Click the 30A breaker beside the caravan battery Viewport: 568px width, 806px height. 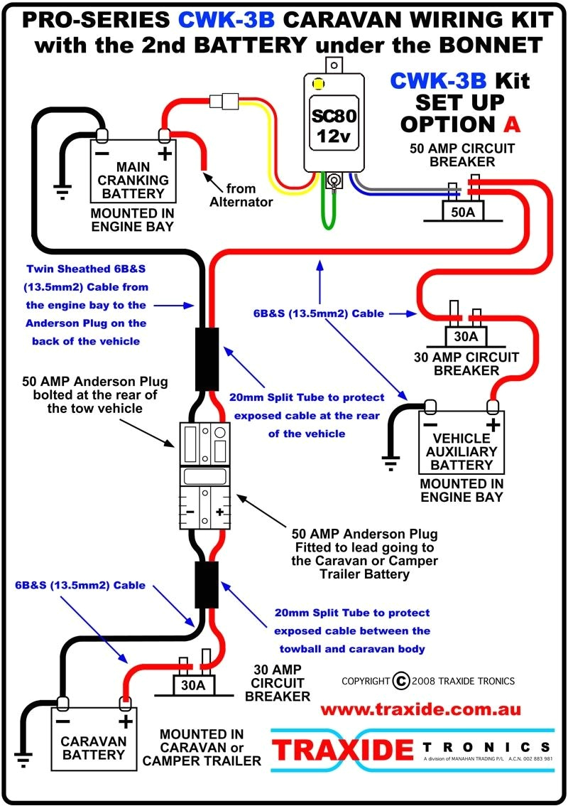tap(192, 685)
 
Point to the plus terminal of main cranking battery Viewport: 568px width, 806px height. tap(165, 152)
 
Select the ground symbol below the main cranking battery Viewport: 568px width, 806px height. tap(62, 190)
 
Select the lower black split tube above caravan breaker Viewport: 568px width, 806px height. tap(206, 584)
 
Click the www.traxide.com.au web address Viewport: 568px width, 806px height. tap(420, 709)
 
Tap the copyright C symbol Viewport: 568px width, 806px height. tap(400, 681)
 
